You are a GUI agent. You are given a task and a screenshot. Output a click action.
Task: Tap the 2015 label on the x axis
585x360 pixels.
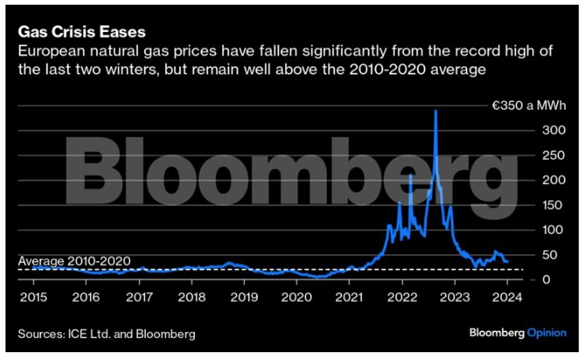coord(33,297)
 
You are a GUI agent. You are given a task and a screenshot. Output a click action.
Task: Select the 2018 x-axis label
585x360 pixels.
coord(191,297)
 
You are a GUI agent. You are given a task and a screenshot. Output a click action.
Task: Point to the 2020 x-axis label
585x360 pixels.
coord(297,297)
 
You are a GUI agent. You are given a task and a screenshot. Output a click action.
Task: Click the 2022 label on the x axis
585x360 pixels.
coord(402,297)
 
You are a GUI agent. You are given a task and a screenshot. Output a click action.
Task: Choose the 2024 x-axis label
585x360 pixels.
coord(507,297)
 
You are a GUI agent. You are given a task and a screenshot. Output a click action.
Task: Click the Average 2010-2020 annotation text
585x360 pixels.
coord(74,261)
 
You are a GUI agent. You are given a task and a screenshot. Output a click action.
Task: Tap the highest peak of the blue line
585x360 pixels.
coord(435,111)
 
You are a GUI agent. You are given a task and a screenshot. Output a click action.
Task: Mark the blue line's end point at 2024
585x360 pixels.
coord(507,261)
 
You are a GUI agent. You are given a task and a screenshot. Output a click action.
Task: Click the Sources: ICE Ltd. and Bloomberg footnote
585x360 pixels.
coord(107,335)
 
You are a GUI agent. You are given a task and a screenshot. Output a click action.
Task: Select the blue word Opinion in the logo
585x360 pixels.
coord(545,334)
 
